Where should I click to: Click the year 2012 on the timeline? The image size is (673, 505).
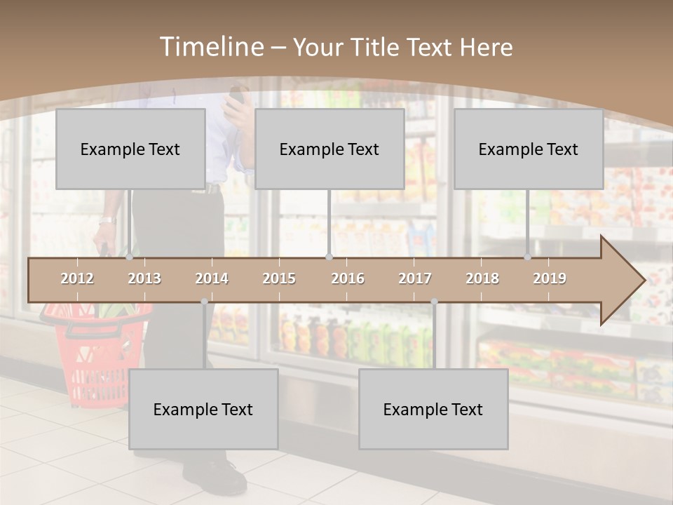(x=77, y=278)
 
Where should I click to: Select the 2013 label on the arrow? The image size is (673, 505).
(x=144, y=278)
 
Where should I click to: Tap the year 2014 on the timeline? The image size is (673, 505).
(x=212, y=278)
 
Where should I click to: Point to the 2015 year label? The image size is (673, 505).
(x=279, y=278)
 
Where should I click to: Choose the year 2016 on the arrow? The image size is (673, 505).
(x=348, y=278)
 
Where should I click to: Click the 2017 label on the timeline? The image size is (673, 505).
(x=415, y=278)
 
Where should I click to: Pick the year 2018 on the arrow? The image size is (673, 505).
(x=482, y=278)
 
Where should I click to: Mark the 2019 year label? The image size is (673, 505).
(x=550, y=278)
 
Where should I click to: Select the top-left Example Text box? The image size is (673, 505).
(x=130, y=149)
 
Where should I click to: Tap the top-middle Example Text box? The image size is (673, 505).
(x=329, y=149)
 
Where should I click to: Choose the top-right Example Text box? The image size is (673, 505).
(x=529, y=149)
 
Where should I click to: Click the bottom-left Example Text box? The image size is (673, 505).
(x=203, y=409)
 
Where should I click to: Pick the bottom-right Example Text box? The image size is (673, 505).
(x=433, y=409)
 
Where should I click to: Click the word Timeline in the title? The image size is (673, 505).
(x=211, y=47)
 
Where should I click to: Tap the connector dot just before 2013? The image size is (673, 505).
(x=130, y=257)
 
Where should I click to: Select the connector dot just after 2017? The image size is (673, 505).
(x=434, y=302)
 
